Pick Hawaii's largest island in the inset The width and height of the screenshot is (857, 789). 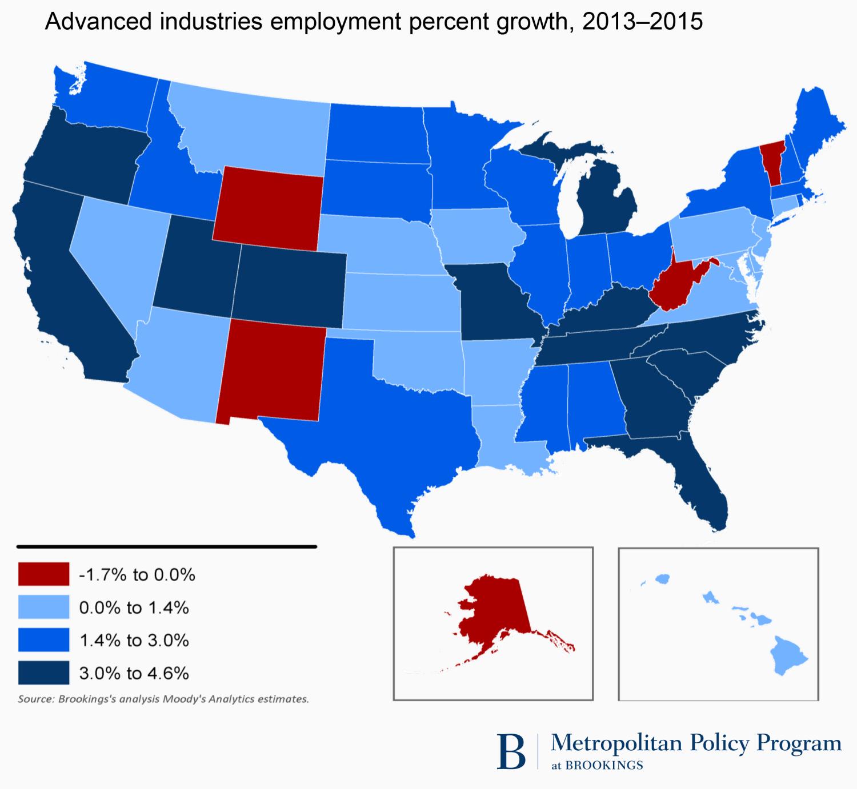click(x=787, y=656)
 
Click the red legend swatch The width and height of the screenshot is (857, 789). click(x=43, y=574)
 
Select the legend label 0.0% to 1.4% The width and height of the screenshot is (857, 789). click(x=134, y=607)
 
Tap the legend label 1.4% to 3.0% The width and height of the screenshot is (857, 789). click(x=134, y=641)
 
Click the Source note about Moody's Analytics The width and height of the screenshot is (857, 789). click(x=163, y=699)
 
